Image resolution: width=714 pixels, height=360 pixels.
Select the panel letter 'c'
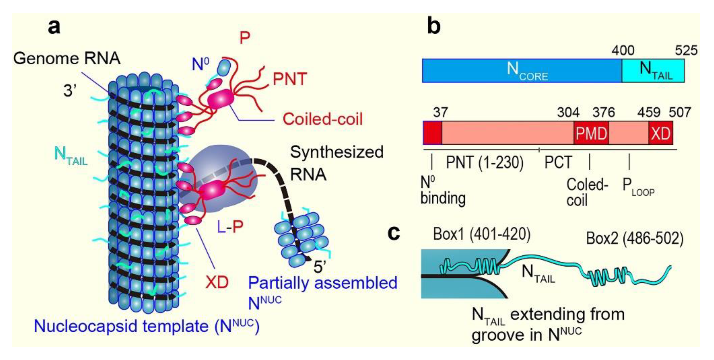click(x=394, y=233)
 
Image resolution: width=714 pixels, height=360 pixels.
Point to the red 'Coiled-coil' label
click(x=322, y=119)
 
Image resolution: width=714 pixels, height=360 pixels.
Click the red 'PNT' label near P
click(x=290, y=79)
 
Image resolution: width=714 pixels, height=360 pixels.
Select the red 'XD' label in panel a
click(x=217, y=282)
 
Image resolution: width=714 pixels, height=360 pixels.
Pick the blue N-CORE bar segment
click(x=521, y=71)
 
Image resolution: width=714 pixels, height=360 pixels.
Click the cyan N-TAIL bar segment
click(x=653, y=71)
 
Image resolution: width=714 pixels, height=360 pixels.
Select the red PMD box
click(x=591, y=133)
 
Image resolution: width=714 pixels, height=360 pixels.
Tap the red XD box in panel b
click(x=661, y=133)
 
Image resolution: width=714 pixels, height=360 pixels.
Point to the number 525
click(x=686, y=51)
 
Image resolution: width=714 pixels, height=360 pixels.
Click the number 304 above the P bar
click(x=568, y=113)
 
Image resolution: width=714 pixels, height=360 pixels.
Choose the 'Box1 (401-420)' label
click(x=482, y=234)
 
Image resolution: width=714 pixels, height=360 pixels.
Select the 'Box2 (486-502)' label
click(x=635, y=238)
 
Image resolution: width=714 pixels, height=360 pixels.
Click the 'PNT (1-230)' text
click(x=485, y=163)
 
